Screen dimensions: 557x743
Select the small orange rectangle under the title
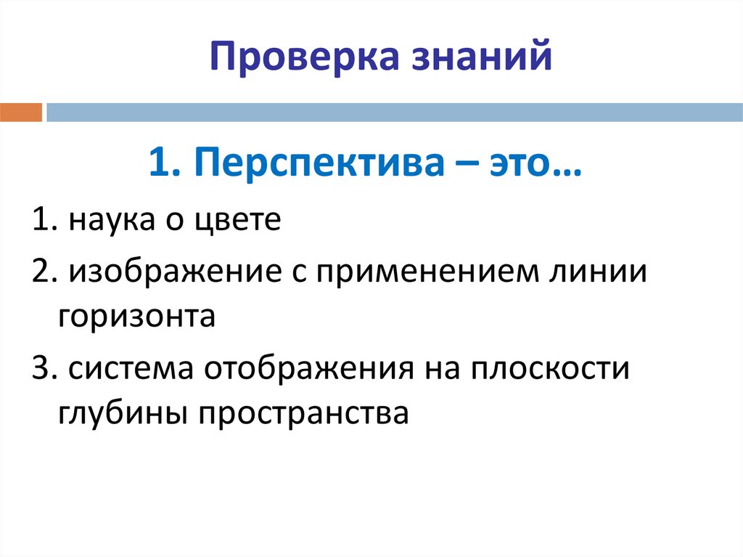pyautogui.click(x=21, y=112)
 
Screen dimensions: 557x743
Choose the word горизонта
pyautogui.click(x=136, y=318)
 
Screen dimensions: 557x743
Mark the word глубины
pyautogui.click(x=112, y=413)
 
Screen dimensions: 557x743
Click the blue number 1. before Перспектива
pyautogui.click(x=163, y=164)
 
